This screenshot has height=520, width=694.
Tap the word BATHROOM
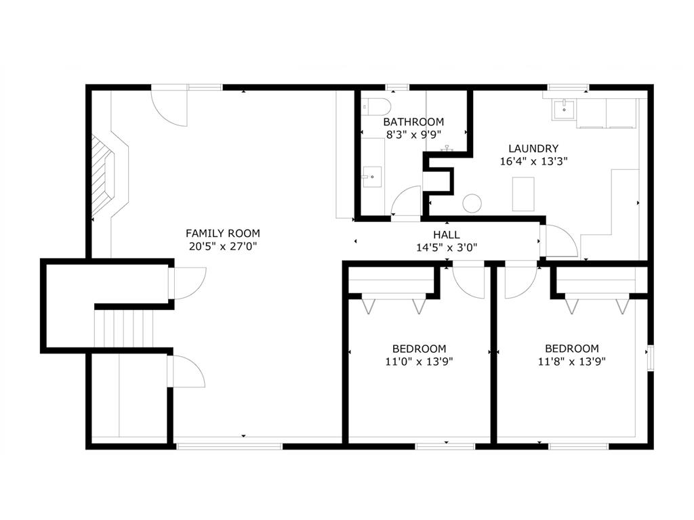pos(413,122)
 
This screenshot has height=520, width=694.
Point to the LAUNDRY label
pos(533,149)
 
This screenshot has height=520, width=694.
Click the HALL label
pos(447,235)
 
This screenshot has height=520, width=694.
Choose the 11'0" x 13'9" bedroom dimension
pos(420,362)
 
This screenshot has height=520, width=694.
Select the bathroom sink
pos(371,177)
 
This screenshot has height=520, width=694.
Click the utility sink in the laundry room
pos(563,108)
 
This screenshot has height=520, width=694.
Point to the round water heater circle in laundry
pos(472,202)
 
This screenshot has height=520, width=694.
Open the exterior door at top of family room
pos(169,108)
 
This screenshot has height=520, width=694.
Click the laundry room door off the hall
pos(560,241)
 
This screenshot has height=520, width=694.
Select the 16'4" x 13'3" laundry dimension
pos(533,162)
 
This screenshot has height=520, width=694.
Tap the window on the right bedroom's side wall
pos(650,358)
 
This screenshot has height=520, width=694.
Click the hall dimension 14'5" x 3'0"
pos(447,248)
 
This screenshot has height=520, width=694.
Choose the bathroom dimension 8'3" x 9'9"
pos(413,135)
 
